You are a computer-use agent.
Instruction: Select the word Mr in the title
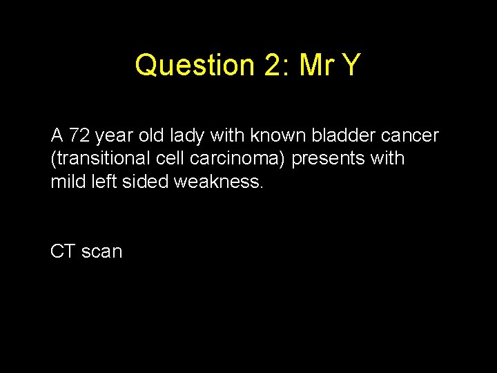click(x=317, y=66)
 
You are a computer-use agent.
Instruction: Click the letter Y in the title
click(x=351, y=66)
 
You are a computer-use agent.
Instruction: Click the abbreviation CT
click(x=63, y=251)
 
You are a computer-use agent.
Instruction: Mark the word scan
click(x=101, y=251)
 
